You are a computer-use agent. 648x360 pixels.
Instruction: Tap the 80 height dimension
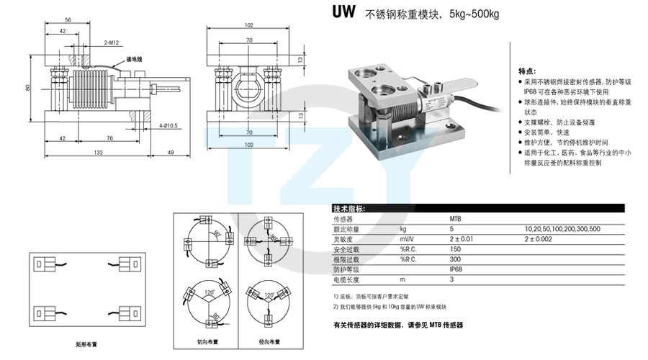tap(26, 88)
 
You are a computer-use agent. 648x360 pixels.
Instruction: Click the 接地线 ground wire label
tap(135, 59)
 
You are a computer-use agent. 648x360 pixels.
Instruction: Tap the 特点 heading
tap(527, 71)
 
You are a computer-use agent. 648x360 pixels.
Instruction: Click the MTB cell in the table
tap(455, 218)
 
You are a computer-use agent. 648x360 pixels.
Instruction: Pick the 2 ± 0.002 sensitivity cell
tap(539, 238)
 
